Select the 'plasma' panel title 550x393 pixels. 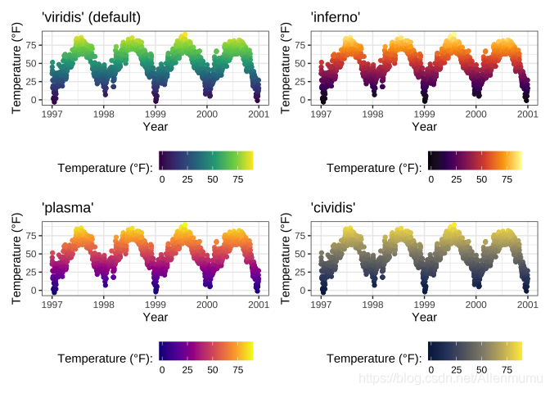coord(68,208)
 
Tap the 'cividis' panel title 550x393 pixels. coord(334,208)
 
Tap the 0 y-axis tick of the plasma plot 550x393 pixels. coord(34,291)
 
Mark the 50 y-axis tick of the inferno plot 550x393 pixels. coord(301,63)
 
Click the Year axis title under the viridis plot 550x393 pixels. coord(156,126)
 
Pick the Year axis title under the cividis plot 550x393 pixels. coord(424,317)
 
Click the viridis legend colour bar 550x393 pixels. coord(205,160)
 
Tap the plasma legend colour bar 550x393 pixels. coord(205,350)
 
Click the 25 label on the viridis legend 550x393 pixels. coord(187,178)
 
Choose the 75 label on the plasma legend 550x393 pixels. coord(238,369)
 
